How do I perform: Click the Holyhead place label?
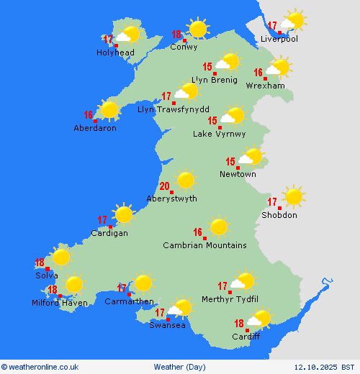click(115, 53)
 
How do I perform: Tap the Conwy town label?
click(184, 47)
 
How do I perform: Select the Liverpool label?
click(279, 39)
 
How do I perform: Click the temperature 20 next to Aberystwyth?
click(165, 186)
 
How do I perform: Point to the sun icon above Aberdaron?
click(109, 109)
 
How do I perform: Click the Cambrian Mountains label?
click(204, 245)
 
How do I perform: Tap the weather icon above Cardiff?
click(260, 318)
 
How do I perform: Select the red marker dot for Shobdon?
click(280, 209)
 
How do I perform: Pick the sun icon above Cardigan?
click(124, 214)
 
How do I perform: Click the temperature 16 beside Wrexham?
click(258, 73)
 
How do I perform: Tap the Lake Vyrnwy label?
click(219, 134)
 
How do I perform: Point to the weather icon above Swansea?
click(181, 308)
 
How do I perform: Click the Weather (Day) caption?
click(179, 367)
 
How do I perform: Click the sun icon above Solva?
click(61, 257)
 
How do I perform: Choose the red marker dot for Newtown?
click(238, 168)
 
